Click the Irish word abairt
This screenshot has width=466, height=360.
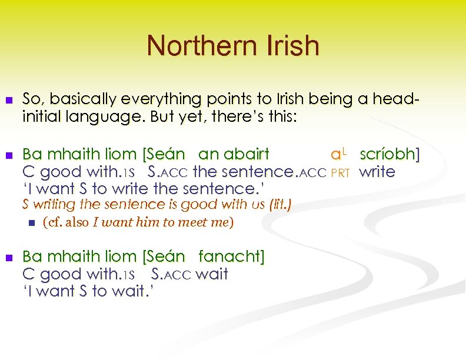tap(243, 155)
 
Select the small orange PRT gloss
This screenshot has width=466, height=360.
tap(341, 173)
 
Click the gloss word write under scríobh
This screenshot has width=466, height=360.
tap(377, 172)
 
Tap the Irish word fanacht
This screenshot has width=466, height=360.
tap(231, 256)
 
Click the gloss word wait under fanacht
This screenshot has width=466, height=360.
tap(211, 274)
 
